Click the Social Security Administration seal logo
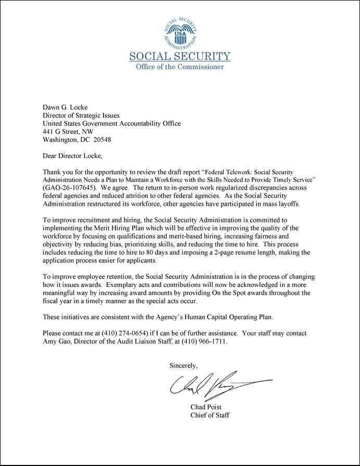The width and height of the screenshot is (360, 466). pos(179,32)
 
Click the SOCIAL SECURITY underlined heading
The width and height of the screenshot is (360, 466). pos(179,56)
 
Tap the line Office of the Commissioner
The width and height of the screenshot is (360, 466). pos(179,67)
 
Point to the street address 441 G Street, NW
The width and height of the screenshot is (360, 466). pos(68,132)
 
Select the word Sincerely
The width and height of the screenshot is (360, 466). pos(184,366)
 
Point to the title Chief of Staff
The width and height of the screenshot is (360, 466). pos(210,415)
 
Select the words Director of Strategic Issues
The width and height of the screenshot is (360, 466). pos(81,115)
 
